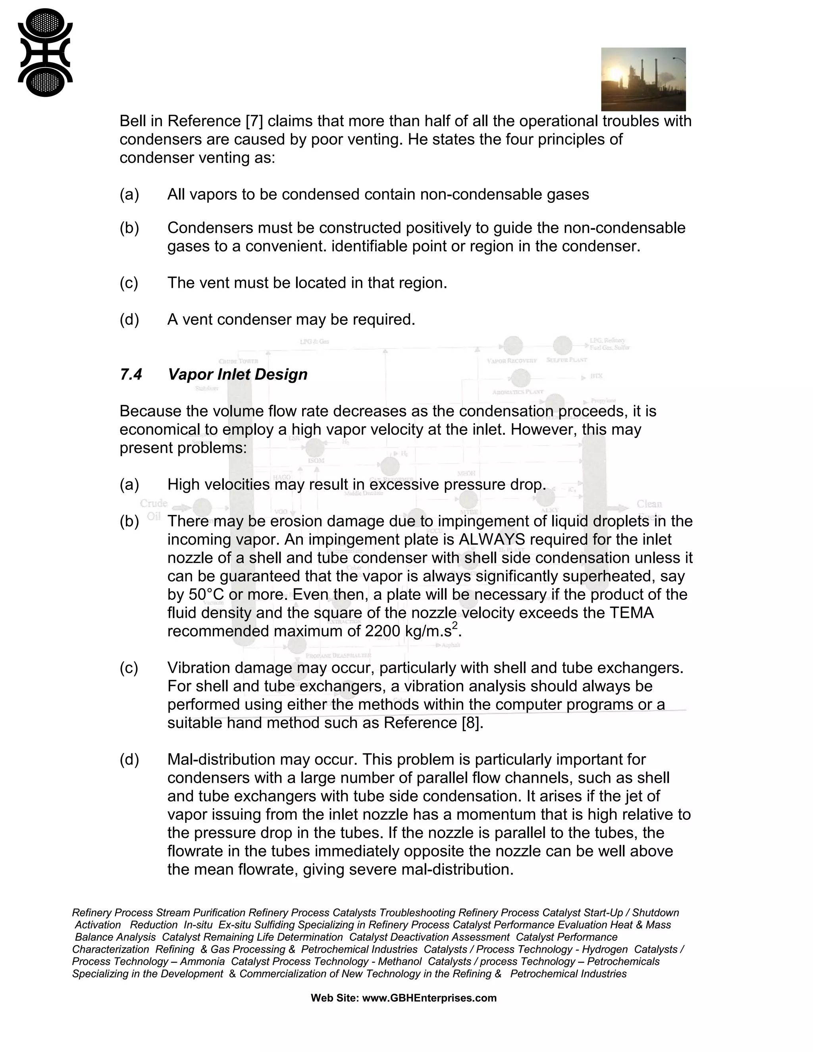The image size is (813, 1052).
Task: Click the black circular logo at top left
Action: (45, 52)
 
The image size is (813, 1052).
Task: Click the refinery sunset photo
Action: (643, 79)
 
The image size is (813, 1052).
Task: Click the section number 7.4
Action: (131, 374)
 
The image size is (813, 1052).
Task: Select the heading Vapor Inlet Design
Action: (237, 374)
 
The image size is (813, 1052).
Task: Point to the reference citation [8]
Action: (471, 723)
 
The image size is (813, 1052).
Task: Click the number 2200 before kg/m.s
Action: (382, 631)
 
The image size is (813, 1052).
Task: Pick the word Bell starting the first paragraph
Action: (133, 121)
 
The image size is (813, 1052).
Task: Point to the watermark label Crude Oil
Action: (154, 510)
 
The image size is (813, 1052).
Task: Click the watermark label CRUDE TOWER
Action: (239, 361)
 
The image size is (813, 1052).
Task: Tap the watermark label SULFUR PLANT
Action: (566, 360)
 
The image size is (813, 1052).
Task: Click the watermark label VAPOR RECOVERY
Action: (511, 361)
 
